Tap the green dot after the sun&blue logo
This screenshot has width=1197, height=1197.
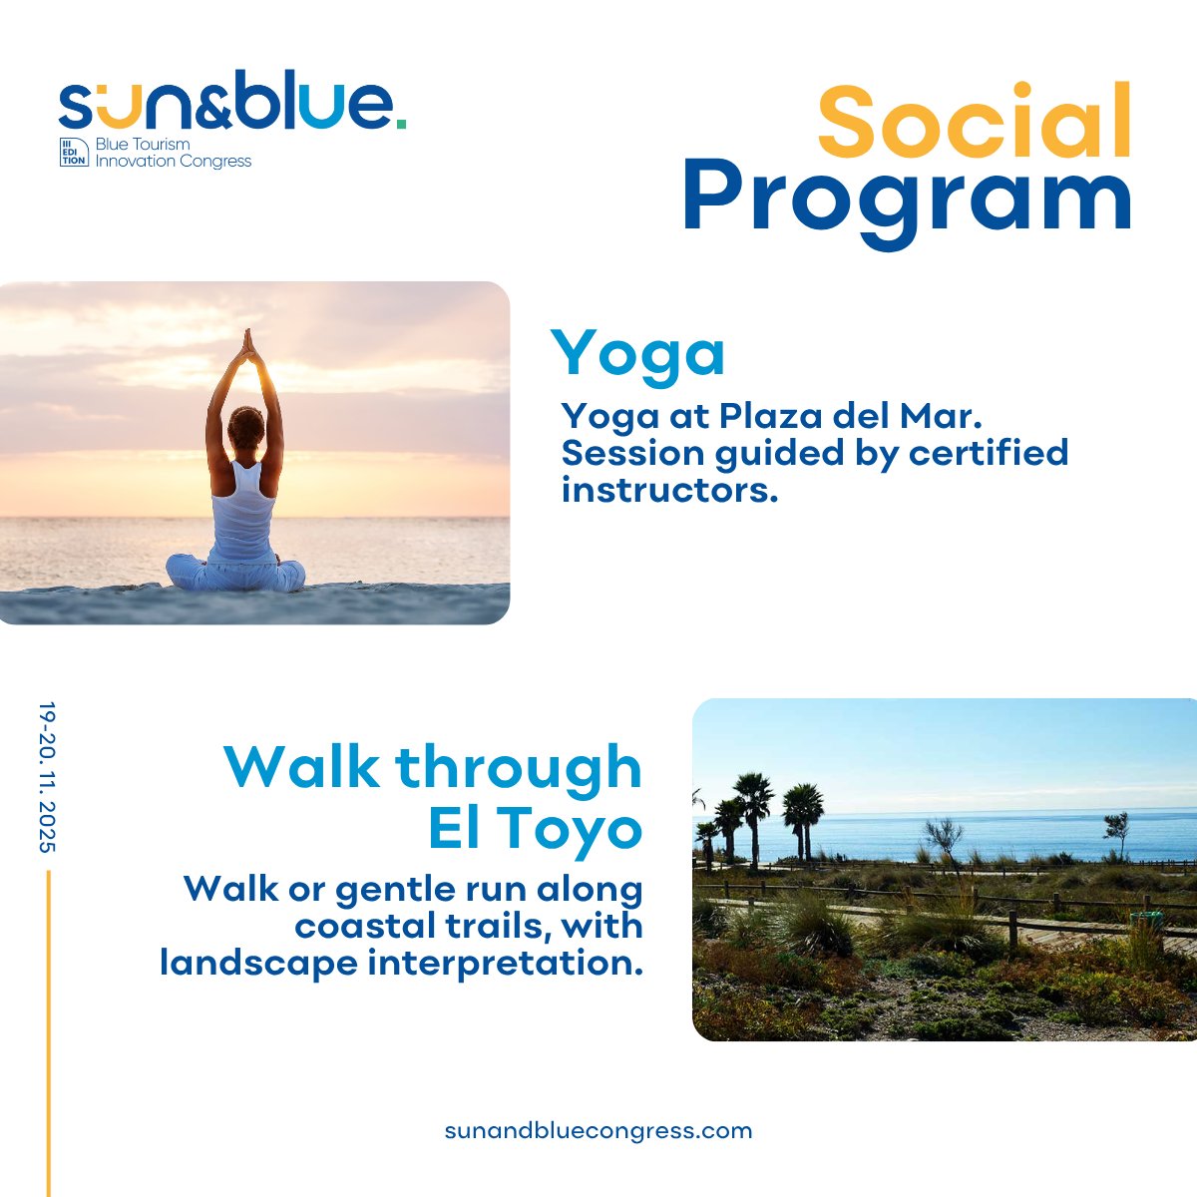point(400,123)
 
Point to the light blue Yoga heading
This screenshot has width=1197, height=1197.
point(638,355)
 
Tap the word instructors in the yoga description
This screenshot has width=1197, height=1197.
point(668,490)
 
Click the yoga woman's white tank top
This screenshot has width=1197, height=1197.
point(241,509)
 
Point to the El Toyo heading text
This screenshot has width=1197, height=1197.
point(535,829)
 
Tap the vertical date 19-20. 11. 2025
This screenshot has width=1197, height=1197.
point(47,777)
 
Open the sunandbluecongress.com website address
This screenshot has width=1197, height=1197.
point(598,1131)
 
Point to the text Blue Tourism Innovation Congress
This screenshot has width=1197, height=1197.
point(173,153)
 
